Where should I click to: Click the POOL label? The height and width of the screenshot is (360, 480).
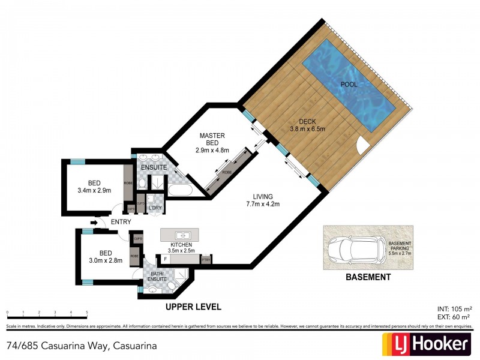click(348, 85)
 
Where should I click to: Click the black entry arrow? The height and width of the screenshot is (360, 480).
click(94, 222)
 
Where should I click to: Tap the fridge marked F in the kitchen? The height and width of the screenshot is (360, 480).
click(166, 259)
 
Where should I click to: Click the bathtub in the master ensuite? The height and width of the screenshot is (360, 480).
click(179, 191)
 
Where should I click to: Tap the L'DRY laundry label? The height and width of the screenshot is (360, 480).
click(155, 208)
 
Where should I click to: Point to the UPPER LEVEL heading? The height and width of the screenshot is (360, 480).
click(194, 307)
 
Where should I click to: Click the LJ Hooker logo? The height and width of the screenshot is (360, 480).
click(426, 344)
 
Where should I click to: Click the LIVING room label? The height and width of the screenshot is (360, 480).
click(263, 196)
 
